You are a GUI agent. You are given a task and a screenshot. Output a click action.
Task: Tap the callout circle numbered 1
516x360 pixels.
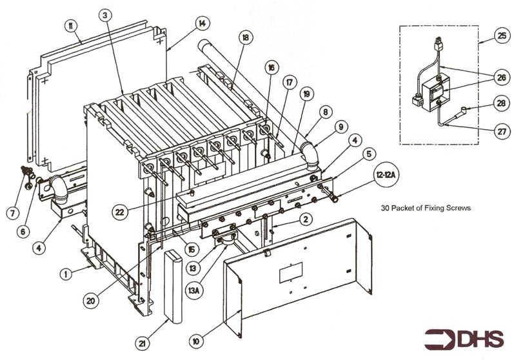click(64, 274)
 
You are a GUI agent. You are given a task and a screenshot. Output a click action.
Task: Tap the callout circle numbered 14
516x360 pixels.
click(202, 24)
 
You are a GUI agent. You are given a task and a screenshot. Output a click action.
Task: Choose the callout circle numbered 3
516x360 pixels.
click(106, 14)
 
